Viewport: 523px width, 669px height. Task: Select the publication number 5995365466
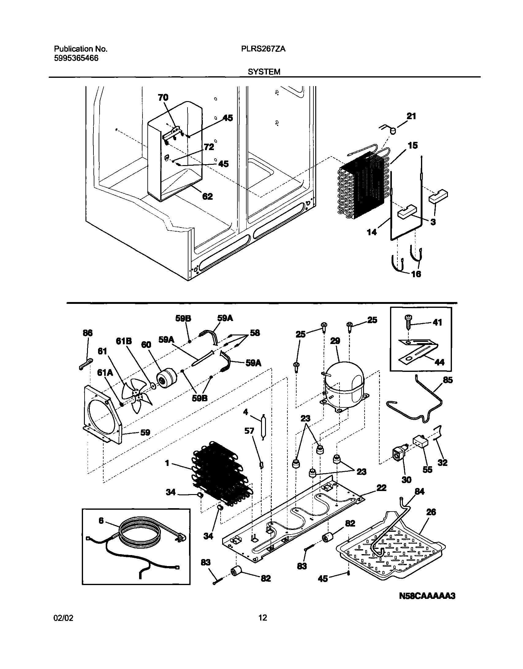pyautogui.click(x=76, y=58)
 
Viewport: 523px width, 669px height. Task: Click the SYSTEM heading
pyautogui.click(x=264, y=72)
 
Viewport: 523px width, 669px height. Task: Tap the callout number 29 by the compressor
pyautogui.click(x=335, y=341)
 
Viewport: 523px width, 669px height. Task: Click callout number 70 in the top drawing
pyautogui.click(x=163, y=97)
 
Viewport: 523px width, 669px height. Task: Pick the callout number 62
pyautogui.click(x=207, y=196)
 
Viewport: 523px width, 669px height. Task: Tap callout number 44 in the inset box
pyautogui.click(x=439, y=362)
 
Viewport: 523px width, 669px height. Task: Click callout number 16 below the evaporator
pyautogui.click(x=416, y=274)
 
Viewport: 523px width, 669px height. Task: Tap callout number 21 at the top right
pyautogui.click(x=411, y=116)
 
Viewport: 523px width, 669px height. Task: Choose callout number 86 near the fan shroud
pyautogui.click(x=88, y=333)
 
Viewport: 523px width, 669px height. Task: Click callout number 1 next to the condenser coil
pyautogui.click(x=167, y=463)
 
